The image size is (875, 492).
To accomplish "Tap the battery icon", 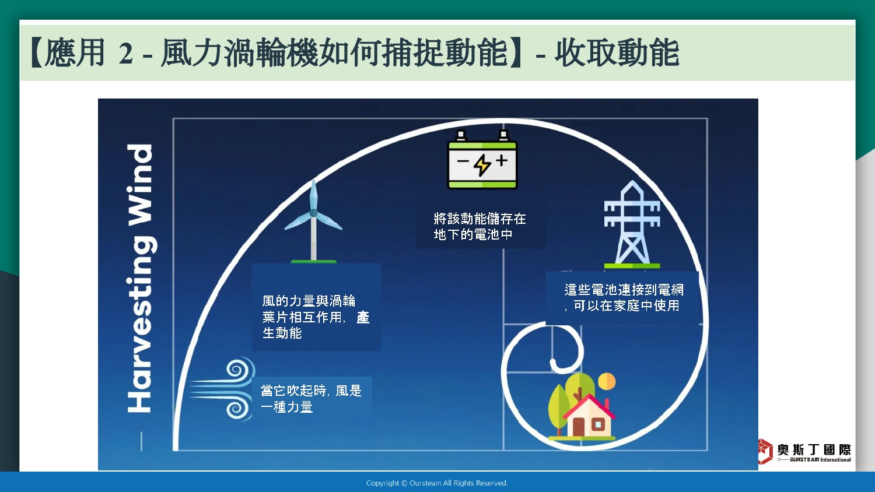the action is point(482,160).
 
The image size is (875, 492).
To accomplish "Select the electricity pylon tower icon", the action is point(632,224).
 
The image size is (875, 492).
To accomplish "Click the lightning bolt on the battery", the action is point(482,165).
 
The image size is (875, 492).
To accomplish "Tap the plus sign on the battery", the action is point(502,160).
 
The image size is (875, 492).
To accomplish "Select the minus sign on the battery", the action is point(463,161).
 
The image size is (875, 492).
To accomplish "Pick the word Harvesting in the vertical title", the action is point(141,325).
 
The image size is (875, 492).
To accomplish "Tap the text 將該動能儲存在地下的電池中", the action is point(480,227).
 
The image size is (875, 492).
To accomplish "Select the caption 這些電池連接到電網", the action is point(624,290).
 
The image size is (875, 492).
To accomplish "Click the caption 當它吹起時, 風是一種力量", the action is point(311,399).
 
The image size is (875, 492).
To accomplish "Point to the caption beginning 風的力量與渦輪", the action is point(316,317).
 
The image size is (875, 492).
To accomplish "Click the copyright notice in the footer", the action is point(437,483).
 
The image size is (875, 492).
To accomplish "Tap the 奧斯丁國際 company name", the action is point(814,449).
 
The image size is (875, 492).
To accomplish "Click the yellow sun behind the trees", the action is point(607,381).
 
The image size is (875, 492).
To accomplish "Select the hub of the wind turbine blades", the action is point(313,213).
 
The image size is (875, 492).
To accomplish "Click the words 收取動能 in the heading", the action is point(617,53).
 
